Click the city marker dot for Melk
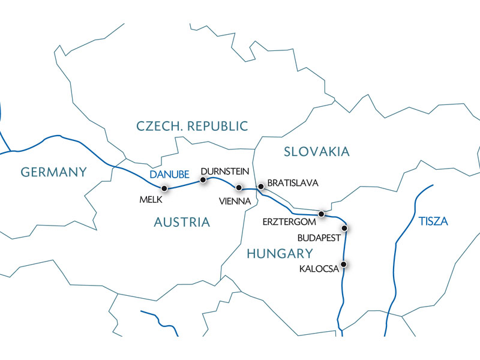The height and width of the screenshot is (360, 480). (164, 188)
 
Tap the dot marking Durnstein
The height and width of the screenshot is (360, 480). (203, 179)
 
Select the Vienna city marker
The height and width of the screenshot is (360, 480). (239, 188)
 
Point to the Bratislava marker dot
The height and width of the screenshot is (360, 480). (260, 187)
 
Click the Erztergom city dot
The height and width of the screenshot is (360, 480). (322, 214)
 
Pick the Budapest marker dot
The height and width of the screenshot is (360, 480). (344, 228)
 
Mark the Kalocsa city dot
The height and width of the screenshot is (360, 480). (344, 264)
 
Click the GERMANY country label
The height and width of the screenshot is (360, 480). (54, 172)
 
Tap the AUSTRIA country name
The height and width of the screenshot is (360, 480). (182, 223)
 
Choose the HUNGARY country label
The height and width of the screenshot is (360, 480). (280, 253)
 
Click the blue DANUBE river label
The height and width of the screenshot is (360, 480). (169, 175)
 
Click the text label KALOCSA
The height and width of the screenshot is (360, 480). (319, 269)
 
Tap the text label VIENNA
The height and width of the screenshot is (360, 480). (235, 202)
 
